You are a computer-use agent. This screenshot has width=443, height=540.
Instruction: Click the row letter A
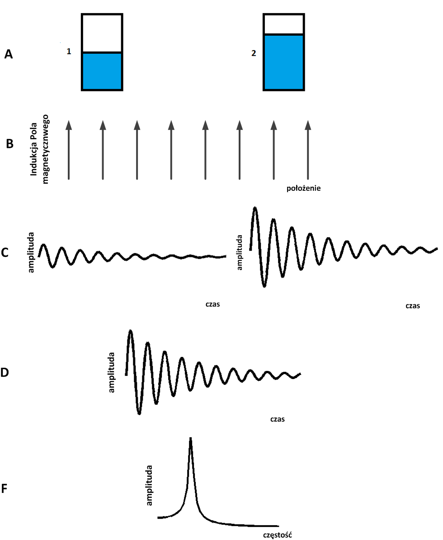point(9,55)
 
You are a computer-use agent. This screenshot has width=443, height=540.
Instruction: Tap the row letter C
point(5,252)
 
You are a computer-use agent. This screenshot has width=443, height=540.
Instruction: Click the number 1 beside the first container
point(69,52)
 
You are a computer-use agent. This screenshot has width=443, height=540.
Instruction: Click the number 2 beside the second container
point(254,53)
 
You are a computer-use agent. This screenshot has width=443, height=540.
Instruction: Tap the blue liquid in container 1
point(102,71)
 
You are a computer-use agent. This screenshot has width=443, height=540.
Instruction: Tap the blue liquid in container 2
point(283,62)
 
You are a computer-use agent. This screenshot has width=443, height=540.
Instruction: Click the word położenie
point(304,189)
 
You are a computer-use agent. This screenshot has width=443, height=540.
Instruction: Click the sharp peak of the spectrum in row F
point(191,440)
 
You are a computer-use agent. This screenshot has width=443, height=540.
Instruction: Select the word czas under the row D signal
point(278,419)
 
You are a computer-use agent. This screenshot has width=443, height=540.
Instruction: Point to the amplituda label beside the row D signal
point(112,373)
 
